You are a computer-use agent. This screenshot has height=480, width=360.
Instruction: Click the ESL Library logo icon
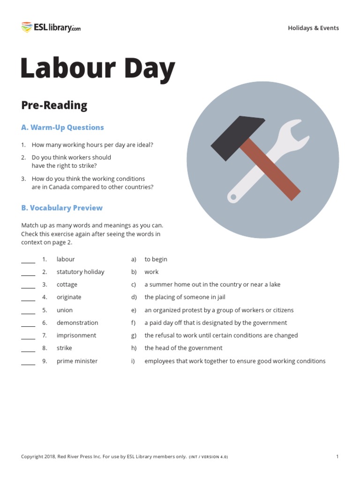tap(26, 27)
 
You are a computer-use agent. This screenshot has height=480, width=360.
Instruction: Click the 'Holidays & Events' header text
tap(313, 28)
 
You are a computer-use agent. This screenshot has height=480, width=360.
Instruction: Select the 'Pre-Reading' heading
tap(54, 105)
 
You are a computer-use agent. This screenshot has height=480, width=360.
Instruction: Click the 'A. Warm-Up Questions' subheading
tap(62, 127)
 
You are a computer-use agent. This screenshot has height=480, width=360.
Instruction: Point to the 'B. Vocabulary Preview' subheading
tap(62, 208)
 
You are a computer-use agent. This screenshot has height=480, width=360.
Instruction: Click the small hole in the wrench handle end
tap(232, 197)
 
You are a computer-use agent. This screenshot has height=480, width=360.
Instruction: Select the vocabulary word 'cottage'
tap(67, 285)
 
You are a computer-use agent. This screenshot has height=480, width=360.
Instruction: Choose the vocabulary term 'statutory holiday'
tap(80, 272)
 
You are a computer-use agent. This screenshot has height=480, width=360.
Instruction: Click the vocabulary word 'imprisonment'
tap(76, 336)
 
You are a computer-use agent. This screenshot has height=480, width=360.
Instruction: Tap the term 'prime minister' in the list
tap(77, 361)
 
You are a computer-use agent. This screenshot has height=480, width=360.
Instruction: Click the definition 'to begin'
tap(156, 259)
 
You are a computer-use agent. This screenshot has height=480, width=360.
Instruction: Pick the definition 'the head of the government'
tap(183, 348)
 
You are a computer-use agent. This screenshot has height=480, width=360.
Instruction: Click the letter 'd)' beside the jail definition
tap(134, 297)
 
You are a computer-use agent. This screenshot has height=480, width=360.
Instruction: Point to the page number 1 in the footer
tap(337, 457)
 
